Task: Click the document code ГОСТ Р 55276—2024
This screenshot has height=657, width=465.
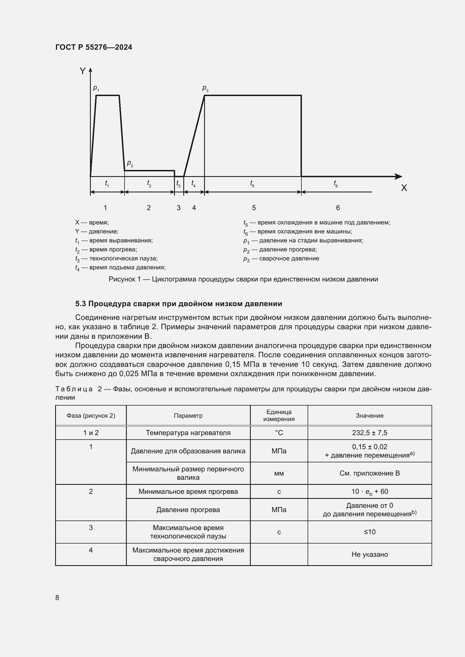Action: [94, 47]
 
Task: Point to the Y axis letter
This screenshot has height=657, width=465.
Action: [82, 71]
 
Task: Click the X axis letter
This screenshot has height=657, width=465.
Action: [404, 188]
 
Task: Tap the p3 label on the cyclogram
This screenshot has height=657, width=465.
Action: [205, 88]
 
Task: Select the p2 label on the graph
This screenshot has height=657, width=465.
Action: [130, 163]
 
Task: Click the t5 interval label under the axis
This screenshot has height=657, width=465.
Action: [252, 183]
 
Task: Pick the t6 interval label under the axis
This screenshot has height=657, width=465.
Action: [336, 183]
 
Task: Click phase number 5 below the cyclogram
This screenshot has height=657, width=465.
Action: [254, 208]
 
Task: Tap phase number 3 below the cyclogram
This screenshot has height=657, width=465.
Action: [179, 208]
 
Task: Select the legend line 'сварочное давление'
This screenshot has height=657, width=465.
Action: [281, 259]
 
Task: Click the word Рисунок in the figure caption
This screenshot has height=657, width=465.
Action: [122, 279]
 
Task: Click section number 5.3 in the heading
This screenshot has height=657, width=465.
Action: [80, 304]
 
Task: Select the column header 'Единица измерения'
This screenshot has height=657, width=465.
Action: [279, 415]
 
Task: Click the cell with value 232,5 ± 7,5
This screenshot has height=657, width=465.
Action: [369, 433]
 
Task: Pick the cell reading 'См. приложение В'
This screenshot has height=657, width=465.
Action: [369, 473]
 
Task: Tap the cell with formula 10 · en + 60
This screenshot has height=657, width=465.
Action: [369, 492]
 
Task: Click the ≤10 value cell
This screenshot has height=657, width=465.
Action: [369, 532]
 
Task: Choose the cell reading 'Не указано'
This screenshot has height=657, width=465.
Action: [369, 554]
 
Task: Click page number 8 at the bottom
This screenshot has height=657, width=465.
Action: [57, 598]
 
